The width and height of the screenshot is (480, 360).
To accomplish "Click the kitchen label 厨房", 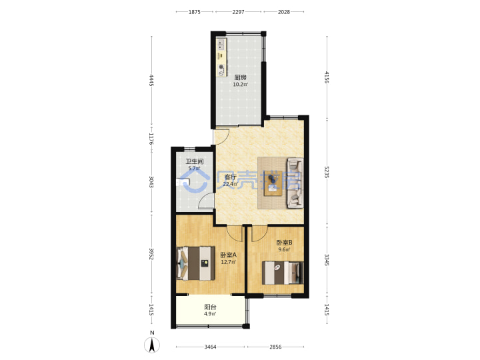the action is coord(240,77).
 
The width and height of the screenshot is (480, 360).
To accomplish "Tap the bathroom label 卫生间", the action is coord(195,161).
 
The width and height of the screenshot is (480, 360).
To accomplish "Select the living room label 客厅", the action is coord(230,177).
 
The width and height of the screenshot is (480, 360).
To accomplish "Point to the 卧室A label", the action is coord(229,255).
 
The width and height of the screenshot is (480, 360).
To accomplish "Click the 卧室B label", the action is coord(284,243).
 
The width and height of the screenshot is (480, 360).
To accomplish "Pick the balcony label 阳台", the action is coord(210,307).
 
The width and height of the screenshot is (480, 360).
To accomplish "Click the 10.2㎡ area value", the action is coord(240,85).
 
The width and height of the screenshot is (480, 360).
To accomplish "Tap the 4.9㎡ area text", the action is coord(210,314).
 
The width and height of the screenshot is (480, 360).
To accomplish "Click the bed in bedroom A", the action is coord(195,263).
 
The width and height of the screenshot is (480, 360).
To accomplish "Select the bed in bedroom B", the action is coord(283,273).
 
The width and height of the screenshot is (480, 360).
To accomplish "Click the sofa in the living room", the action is coord(295,183).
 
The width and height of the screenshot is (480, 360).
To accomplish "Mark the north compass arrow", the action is coord(152,345).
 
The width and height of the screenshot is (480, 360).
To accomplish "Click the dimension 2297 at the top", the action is coord(238,12).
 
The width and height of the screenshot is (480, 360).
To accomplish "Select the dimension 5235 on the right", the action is coord(327,173).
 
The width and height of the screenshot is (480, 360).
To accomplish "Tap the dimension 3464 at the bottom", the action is coord(210,347).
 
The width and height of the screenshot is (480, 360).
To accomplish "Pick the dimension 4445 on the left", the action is coord(151,80).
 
